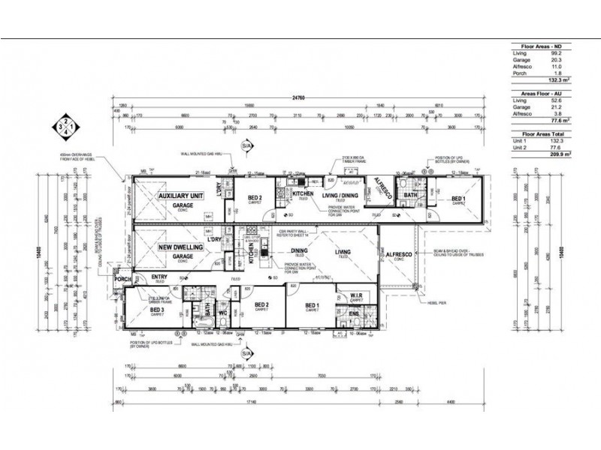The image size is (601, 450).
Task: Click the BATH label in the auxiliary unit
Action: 409,196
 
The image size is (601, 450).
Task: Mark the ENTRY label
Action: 160,277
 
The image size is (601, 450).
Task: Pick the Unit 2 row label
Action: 519,145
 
